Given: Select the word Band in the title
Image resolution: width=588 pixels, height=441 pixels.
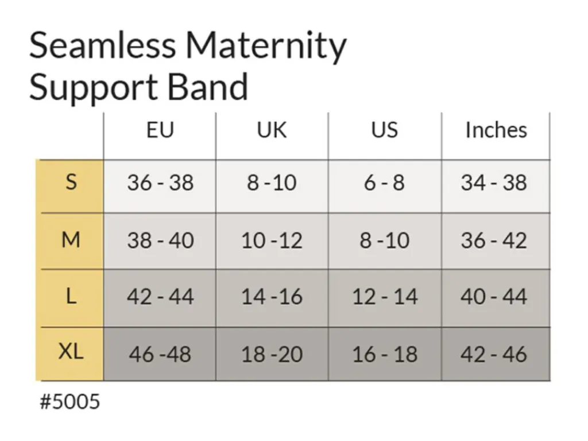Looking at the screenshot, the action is point(207,87).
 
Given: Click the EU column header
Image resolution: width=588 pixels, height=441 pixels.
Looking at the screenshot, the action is point(160,130).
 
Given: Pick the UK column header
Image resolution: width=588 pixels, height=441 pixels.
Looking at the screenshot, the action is point(272,130).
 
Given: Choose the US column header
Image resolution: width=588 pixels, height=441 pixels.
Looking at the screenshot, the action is point(384,130).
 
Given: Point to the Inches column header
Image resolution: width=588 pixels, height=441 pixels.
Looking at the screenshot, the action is point(496,130).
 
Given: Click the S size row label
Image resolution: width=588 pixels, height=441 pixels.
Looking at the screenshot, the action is point(71,182).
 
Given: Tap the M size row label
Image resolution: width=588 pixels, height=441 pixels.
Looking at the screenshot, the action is point(71,239).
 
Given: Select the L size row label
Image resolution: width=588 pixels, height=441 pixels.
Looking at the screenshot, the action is point(71,297).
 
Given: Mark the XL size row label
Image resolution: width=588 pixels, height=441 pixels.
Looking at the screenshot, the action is point(71,352).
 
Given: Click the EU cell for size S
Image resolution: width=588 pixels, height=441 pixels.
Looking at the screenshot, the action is point(160,183).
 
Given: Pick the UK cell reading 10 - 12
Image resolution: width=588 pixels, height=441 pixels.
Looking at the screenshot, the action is point(272,241).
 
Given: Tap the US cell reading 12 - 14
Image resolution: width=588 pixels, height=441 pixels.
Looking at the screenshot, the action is point(385,297).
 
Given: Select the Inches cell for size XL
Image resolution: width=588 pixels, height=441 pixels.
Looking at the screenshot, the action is point(494,354).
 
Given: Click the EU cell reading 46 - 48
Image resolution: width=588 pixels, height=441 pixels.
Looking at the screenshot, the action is point(160,354).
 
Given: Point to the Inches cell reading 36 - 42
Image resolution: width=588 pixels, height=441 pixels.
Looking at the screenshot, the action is point(494,241).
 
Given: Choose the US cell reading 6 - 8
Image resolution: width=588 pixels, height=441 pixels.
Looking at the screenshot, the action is point(384,183).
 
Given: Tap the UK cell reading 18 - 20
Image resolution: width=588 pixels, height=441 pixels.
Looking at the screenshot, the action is point(272,354).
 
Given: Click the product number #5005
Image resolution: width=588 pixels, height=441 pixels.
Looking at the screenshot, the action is point(70,401).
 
